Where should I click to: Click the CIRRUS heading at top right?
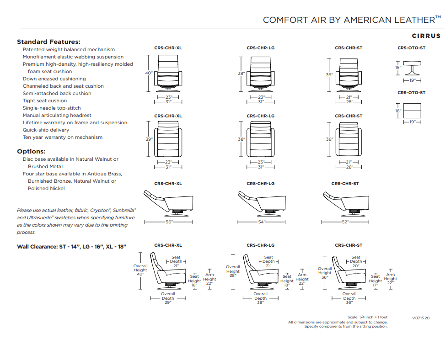click(426, 36)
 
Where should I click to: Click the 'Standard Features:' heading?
click(48, 42)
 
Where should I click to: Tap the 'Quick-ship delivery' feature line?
click(46, 130)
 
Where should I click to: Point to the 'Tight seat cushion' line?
click(45, 101)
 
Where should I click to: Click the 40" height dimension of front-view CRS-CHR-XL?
click(149, 73)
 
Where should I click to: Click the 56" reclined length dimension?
click(169, 222)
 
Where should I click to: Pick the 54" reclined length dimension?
click(262, 222)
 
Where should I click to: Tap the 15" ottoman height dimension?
click(398, 67)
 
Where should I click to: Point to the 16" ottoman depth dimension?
click(398, 111)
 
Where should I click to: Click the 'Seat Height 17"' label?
click(375, 281)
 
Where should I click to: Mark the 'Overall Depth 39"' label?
click(168, 298)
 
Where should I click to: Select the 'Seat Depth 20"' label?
click(356, 261)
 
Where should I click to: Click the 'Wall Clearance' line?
click(72, 247)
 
